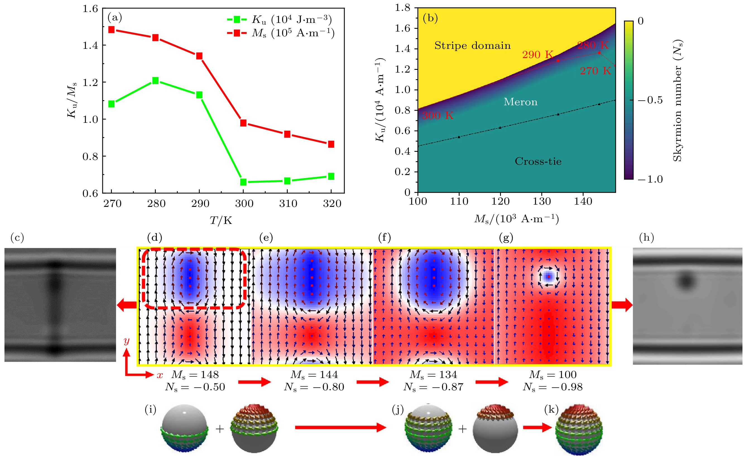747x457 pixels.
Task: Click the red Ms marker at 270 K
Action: [111, 30]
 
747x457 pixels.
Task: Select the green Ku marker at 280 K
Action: [155, 80]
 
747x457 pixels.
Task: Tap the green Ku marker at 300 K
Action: [243, 182]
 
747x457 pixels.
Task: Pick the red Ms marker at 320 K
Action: [331, 144]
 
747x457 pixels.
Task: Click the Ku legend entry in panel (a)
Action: [279, 20]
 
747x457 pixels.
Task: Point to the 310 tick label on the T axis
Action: [288, 204]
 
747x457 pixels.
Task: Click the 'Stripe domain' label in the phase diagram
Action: [472, 46]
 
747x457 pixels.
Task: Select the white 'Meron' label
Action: [520, 102]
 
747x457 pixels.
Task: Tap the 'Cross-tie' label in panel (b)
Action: [538, 161]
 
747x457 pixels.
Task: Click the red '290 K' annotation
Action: [537, 55]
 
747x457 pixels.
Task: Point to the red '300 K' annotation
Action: [438, 116]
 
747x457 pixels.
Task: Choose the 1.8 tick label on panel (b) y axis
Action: [402, 8]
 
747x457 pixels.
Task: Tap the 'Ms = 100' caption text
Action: [553, 375]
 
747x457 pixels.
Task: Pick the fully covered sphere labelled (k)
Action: [579, 429]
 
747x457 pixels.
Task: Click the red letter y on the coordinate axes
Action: [126, 341]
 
